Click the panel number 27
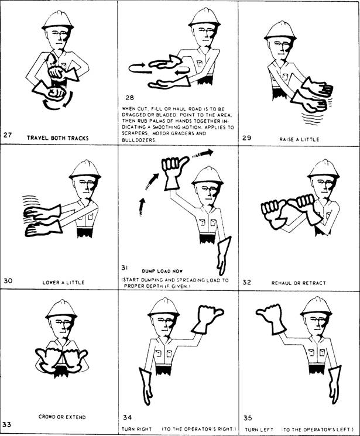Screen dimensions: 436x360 tap(8, 135)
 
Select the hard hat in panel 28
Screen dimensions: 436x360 tap(204, 17)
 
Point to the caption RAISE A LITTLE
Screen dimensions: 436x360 tap(298, 139)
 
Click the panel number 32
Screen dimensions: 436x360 tap(247, 282)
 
